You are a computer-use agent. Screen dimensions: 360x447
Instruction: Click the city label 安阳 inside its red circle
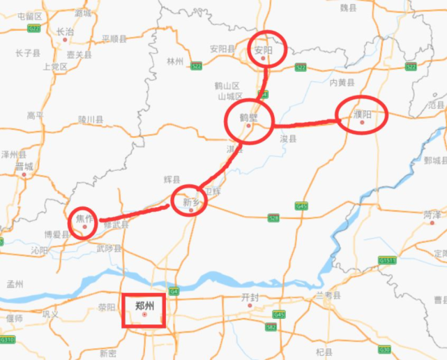point(262,50)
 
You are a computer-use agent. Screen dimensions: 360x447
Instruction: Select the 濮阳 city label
point(361,113)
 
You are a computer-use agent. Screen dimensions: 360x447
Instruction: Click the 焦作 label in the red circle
point(84,218)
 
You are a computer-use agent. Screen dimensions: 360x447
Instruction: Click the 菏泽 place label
point(432,215)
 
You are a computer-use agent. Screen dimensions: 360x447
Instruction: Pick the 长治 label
point(65,31)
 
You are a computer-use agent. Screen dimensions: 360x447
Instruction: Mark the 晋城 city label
point(24,166)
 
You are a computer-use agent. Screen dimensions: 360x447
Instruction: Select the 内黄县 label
point(342,82)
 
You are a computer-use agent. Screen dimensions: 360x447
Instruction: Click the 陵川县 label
point(91,119)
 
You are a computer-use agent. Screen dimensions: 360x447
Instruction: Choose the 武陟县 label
point(108,248)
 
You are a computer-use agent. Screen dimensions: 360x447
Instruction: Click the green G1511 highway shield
point(387,260)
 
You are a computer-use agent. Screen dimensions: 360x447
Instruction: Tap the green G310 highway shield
point(7,340)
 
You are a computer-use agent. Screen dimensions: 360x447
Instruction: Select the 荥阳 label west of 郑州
point(107,306)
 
